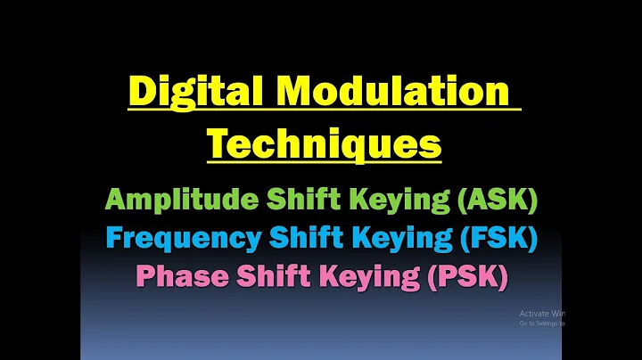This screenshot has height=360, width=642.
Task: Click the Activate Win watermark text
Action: click(542, 313)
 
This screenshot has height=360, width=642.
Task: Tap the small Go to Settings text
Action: click(542, 323)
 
